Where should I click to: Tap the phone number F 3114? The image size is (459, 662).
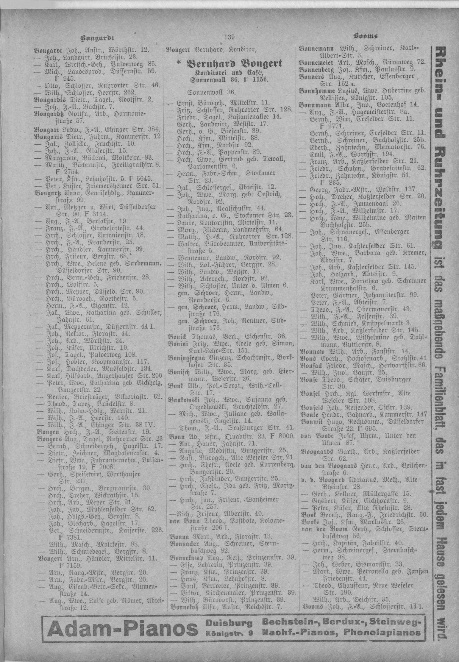100,214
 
